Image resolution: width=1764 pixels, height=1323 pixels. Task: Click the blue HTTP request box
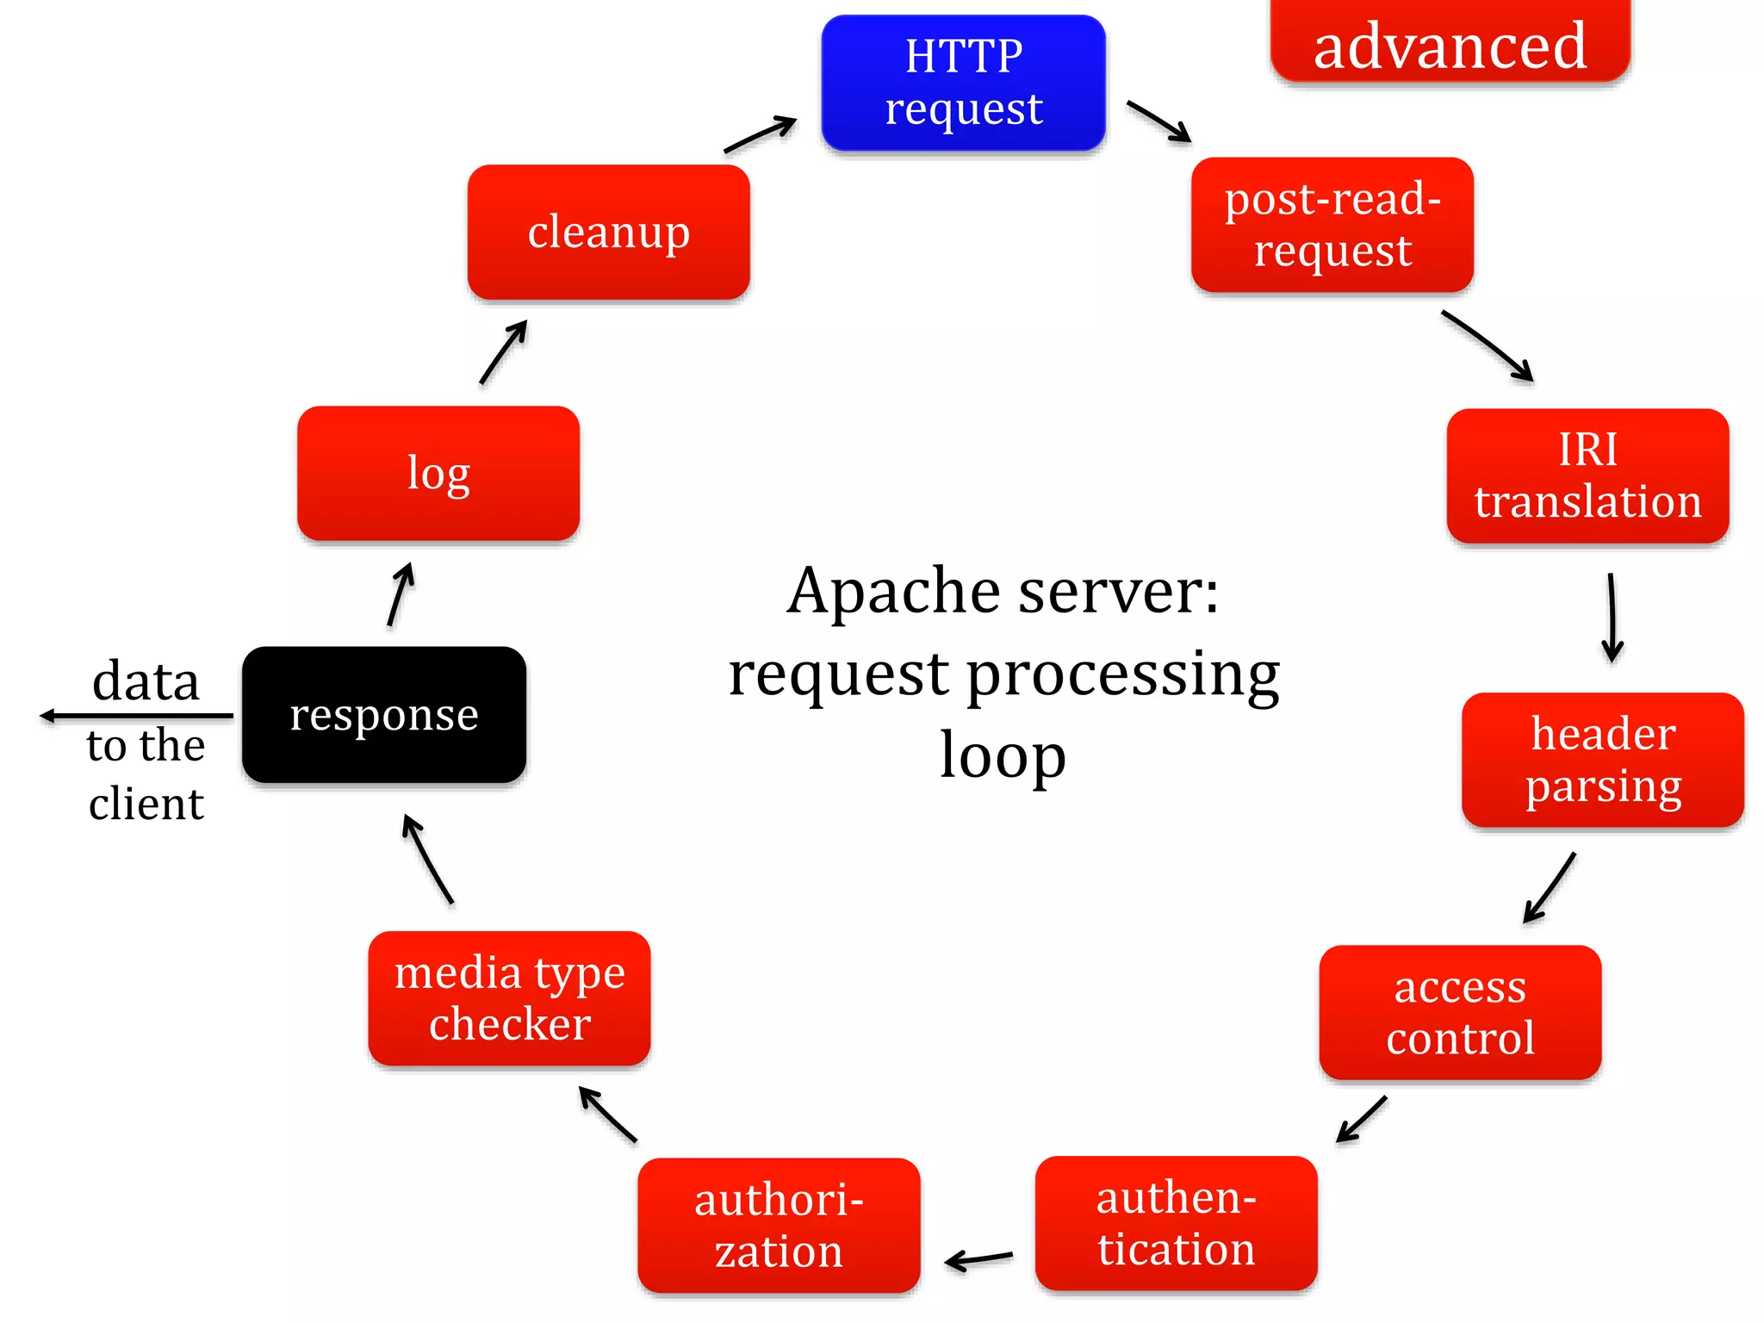pos(963,83)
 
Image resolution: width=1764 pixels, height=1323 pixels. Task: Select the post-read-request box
pos(1332,225)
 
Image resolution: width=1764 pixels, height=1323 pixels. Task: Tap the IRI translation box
pos(1587,475)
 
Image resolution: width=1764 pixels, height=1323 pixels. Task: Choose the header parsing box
pos(1602,760)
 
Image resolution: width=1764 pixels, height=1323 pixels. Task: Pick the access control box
pos(1460,1012)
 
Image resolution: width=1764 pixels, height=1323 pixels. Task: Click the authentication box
pos(1176,1223)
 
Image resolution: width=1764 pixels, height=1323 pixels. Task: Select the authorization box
pos(779,1225)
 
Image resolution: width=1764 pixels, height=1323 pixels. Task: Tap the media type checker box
pos(509,998)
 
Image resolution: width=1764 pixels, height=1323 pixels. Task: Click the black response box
pos(384,715)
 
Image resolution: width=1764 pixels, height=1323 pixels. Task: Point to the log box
pos(438,474)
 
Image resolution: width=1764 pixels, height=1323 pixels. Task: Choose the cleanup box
pos(608,233)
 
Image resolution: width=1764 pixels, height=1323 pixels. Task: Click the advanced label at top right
pos(1450,45)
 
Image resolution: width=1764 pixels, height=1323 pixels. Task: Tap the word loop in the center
pos(1003,755)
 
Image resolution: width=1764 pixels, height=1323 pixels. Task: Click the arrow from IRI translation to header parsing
pos(1612,618)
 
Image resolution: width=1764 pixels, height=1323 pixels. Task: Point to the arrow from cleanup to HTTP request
pos(760,135)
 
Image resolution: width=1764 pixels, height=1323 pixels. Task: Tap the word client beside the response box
pos(146,804)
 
